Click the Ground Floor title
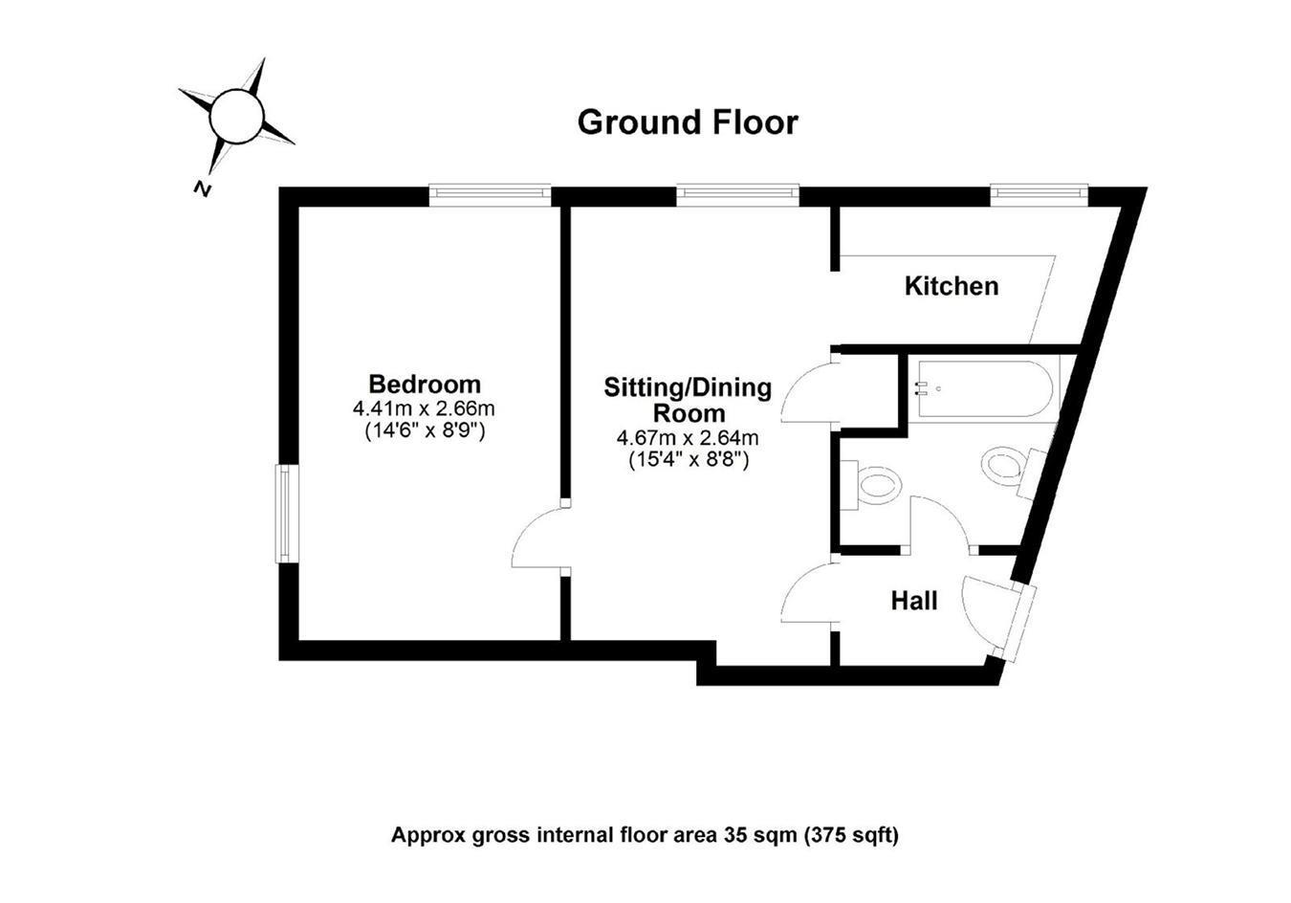coord(687,122)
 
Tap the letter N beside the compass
coord(202,187)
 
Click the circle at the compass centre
coord(235,116)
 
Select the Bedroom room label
coord(425,385)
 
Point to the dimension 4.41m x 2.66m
coord(425,408)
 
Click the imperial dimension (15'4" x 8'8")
coord(688,460)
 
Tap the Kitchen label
coord(952,286)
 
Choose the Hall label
coord(914,602)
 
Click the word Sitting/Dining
coord(688,387)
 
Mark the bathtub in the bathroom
coord(984,389)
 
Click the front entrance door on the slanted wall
coord(995,617)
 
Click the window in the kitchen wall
coord(1039,194)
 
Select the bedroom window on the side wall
coord(284,514)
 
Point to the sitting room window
coord(737,194)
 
